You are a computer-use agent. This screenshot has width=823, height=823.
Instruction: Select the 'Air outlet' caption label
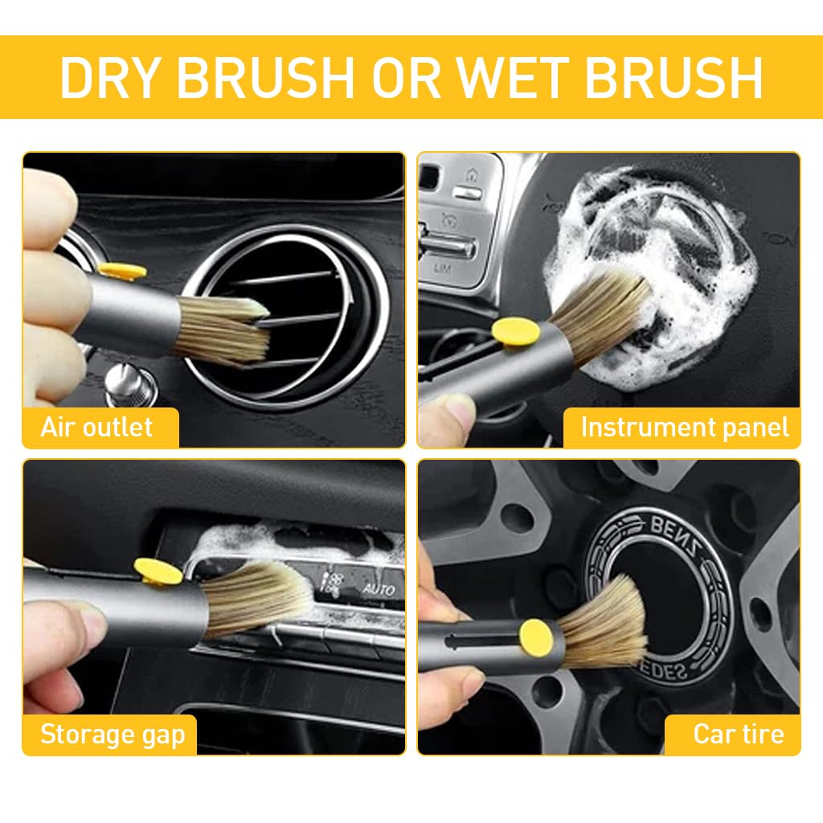96,427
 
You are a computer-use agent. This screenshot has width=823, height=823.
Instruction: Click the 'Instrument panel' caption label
685,428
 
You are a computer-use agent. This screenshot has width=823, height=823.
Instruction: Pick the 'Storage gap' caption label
113,734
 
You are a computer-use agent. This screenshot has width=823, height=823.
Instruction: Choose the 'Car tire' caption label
738,734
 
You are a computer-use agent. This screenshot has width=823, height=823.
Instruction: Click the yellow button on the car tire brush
535,634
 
